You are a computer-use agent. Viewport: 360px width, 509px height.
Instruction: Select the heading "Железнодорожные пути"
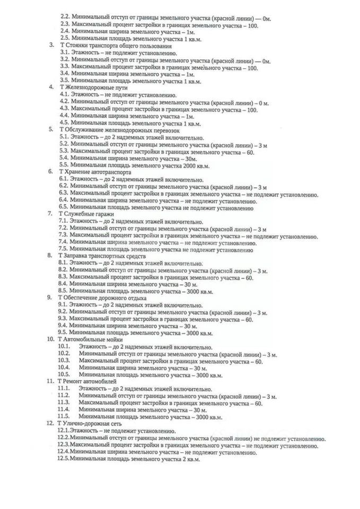92,86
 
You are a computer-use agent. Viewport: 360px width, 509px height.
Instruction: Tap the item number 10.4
64,367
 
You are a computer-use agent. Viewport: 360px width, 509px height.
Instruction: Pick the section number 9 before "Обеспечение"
49,298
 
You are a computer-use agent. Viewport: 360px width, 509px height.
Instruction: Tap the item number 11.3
64,403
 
